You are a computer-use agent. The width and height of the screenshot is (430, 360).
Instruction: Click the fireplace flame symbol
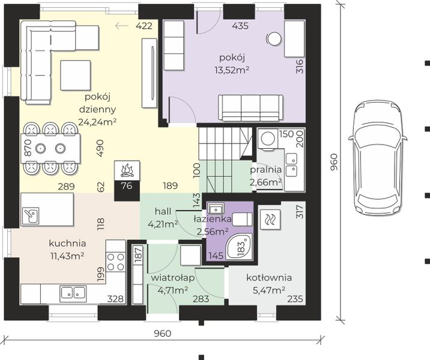(127, 170)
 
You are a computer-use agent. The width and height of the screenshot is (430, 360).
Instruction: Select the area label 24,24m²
(97, 122)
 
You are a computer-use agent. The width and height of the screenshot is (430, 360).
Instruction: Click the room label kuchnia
(67, 243)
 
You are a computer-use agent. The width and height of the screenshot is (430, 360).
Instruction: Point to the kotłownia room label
(269, 278)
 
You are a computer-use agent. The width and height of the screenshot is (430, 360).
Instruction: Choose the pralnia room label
(265, 170)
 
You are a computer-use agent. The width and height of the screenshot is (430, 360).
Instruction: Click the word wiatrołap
(173, 278)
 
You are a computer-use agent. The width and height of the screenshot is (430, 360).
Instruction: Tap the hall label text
(163, 211)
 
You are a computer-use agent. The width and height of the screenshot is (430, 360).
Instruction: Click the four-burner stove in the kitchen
(116, 262)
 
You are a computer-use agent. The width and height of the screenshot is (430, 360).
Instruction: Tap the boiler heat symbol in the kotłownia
(270, 220)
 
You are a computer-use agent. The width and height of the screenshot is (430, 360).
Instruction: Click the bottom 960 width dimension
(163, 334)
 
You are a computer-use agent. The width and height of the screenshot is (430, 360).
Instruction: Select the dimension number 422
(144, 26)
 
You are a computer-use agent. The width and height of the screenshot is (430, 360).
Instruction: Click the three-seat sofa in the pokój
(250, 108)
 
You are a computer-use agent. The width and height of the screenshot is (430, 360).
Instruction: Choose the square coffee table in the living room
(76, 76)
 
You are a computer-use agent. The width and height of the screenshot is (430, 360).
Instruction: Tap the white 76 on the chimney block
(127, 186)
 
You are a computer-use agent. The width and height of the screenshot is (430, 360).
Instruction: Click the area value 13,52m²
(232, 70)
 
